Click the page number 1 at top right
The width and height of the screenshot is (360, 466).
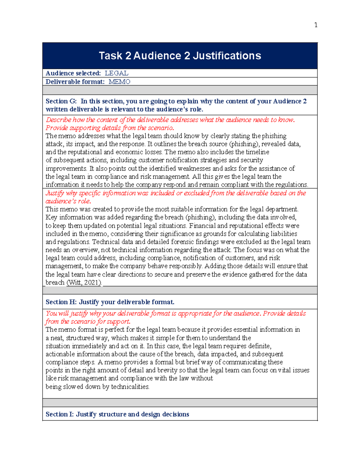click(316, 25)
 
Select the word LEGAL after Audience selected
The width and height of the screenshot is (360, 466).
click(116, 73)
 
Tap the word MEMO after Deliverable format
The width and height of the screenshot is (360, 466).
click(119, 82)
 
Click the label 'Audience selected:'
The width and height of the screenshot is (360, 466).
click(73, 73)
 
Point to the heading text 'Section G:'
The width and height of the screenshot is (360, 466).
click(61, 101)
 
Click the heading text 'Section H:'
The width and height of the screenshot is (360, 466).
click(61, 302)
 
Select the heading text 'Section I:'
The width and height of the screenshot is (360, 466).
click(59, 414)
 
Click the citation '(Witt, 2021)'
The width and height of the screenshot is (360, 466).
click(84, 282)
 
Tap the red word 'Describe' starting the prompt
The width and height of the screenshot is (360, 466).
click(58, 120)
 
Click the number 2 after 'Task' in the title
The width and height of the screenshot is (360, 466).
click(128, 56)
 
